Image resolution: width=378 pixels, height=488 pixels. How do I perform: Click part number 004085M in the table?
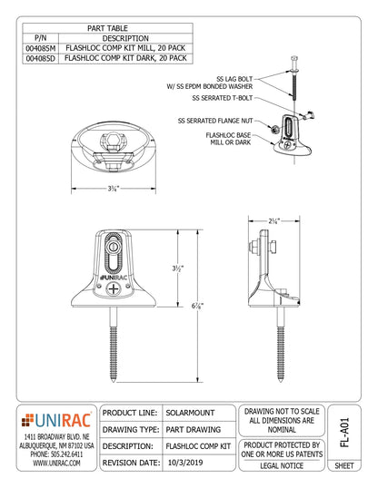pos(36,49)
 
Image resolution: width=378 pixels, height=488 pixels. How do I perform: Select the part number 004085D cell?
pos(36,59)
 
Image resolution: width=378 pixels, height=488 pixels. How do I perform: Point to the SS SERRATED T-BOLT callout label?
pos(223,98)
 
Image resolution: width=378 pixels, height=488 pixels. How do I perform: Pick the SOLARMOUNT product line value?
pos(193,413)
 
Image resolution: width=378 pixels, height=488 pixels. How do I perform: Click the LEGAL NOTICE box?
pos(283,466)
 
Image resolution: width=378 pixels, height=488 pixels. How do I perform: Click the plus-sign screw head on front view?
pos(114,288)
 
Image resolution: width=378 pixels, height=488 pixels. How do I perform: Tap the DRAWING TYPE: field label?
pos(132,429)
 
